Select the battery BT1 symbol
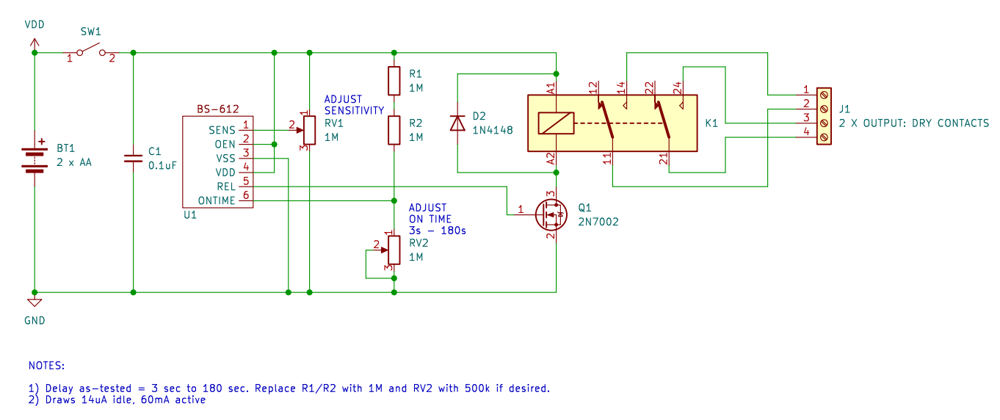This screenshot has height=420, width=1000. [34, 159]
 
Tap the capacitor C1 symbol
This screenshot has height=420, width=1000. [133, 158]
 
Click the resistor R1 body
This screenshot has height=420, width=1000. [394, 81]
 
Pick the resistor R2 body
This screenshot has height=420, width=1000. [394, 130]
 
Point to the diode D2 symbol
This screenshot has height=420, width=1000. [457, 123]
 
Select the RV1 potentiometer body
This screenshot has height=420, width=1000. [309, 130]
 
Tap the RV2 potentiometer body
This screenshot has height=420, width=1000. [394, 250]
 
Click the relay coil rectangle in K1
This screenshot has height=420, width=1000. [556, 123]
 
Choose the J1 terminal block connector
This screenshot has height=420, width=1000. [825, 116]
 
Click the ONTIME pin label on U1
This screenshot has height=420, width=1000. [217, 201]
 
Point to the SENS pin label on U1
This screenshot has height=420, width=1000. [222, 130]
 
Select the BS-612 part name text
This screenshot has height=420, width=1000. [217, 109]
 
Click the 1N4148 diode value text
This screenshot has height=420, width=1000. [493, 130]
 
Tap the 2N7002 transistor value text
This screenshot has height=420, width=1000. [599, 220]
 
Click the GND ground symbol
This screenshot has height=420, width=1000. [34, 302]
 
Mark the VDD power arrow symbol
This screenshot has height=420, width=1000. [34, 44]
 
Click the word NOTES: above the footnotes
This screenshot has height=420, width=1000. [46, 365]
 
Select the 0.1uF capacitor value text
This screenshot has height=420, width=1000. [162, 165]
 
